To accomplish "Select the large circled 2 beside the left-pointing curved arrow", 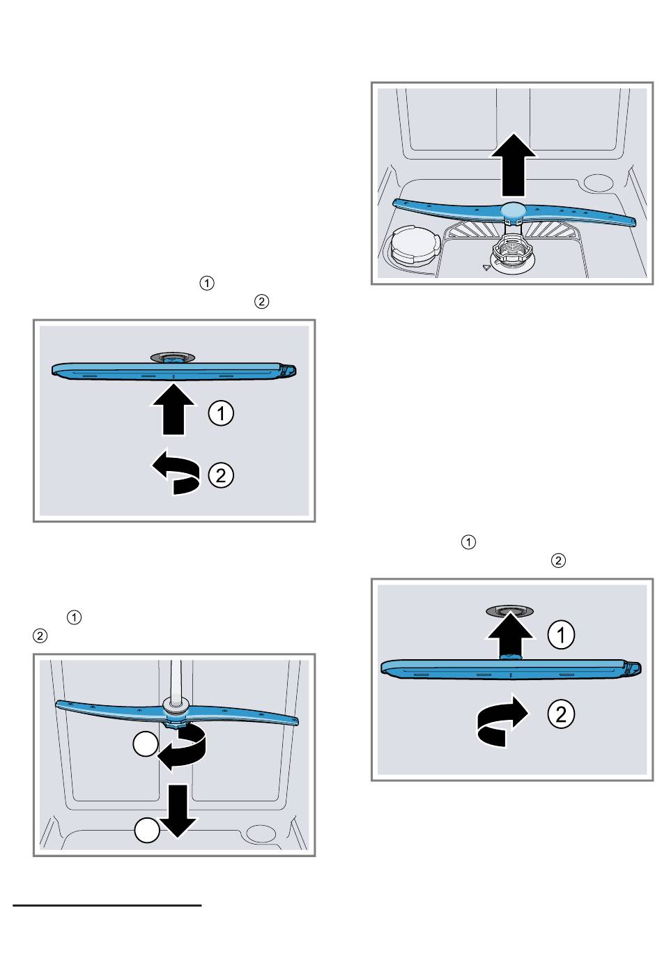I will [x=221, y=476].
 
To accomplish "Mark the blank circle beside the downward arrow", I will [x=146, y=831].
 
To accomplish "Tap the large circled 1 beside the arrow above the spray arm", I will [x=561, y=635].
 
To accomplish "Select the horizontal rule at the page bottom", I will [x=107, y=906].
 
